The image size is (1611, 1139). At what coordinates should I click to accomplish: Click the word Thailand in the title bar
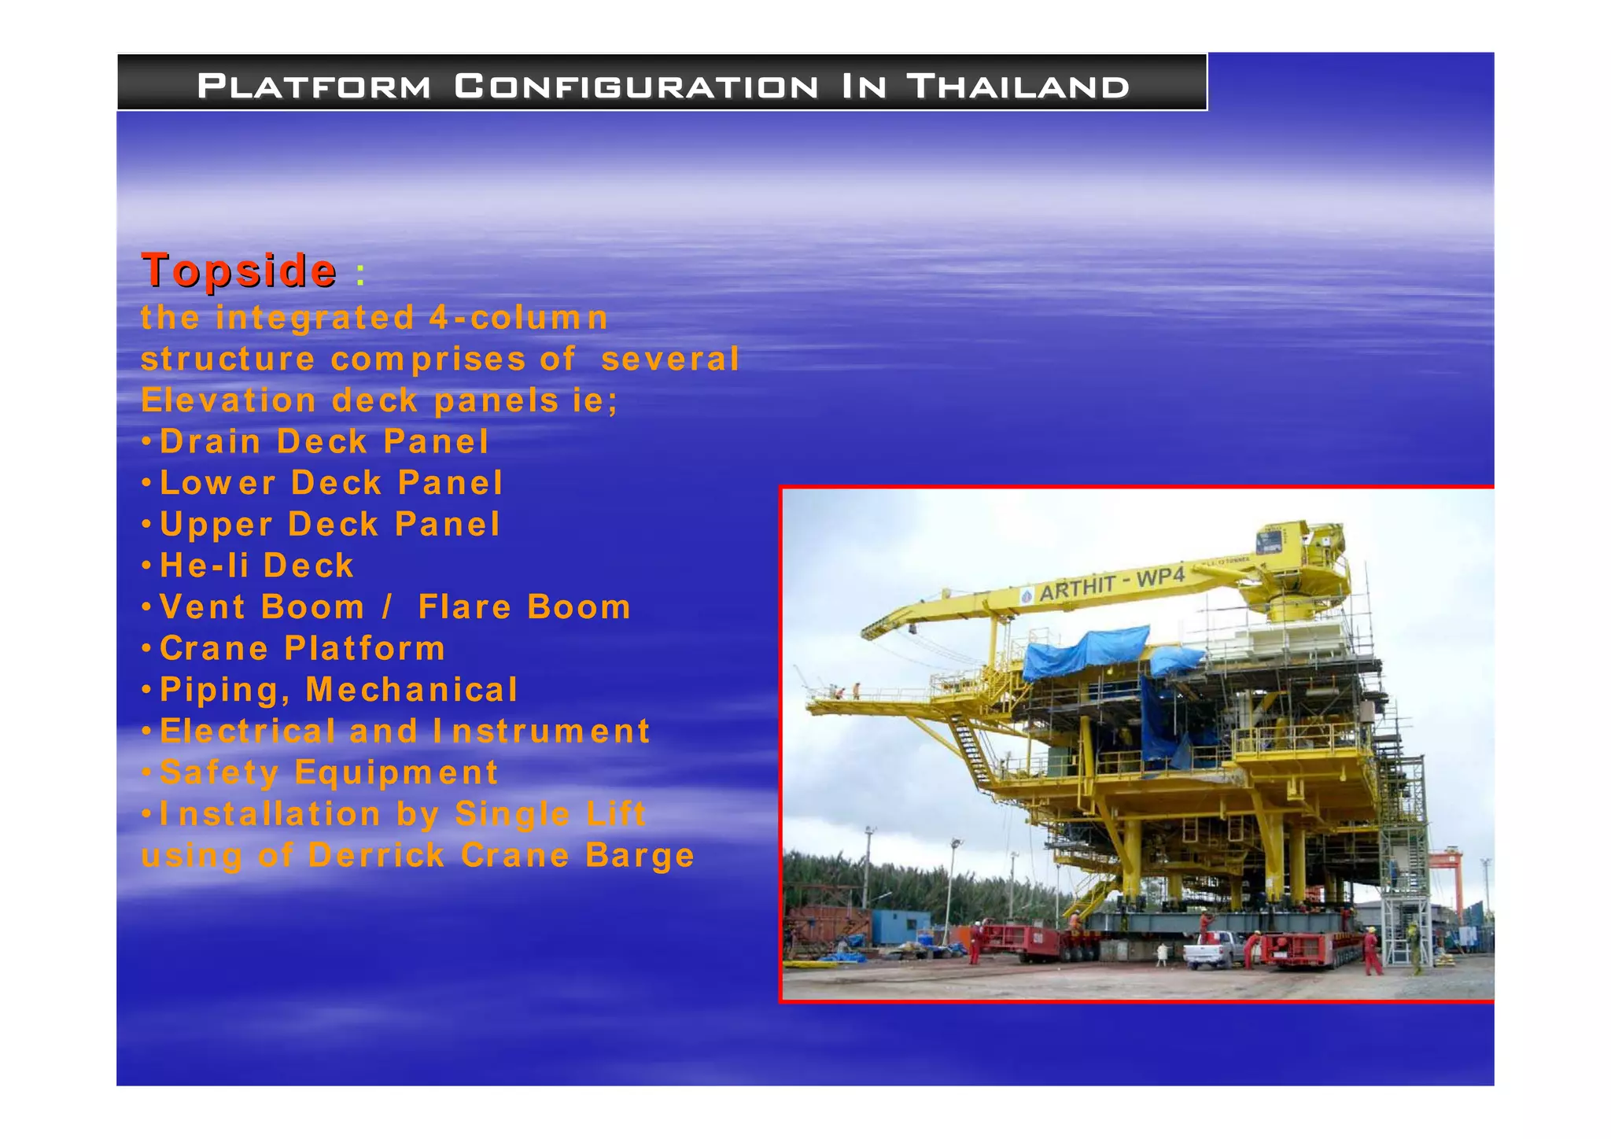pos(1018,86)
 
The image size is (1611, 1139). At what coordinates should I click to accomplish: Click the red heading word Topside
pos(239,271)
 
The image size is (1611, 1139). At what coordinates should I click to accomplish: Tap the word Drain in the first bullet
pos(210,441)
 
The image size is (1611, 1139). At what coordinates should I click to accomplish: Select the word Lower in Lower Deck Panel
pos(217,483)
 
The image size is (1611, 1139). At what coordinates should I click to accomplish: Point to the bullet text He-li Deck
pos(256,566)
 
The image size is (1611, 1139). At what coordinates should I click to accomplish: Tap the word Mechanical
pos(411,690)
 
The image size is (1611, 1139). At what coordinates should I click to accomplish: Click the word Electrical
pos(248,732)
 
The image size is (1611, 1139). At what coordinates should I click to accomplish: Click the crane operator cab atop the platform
pos(1268,541)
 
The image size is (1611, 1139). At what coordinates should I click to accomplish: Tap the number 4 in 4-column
pos(438,319)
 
